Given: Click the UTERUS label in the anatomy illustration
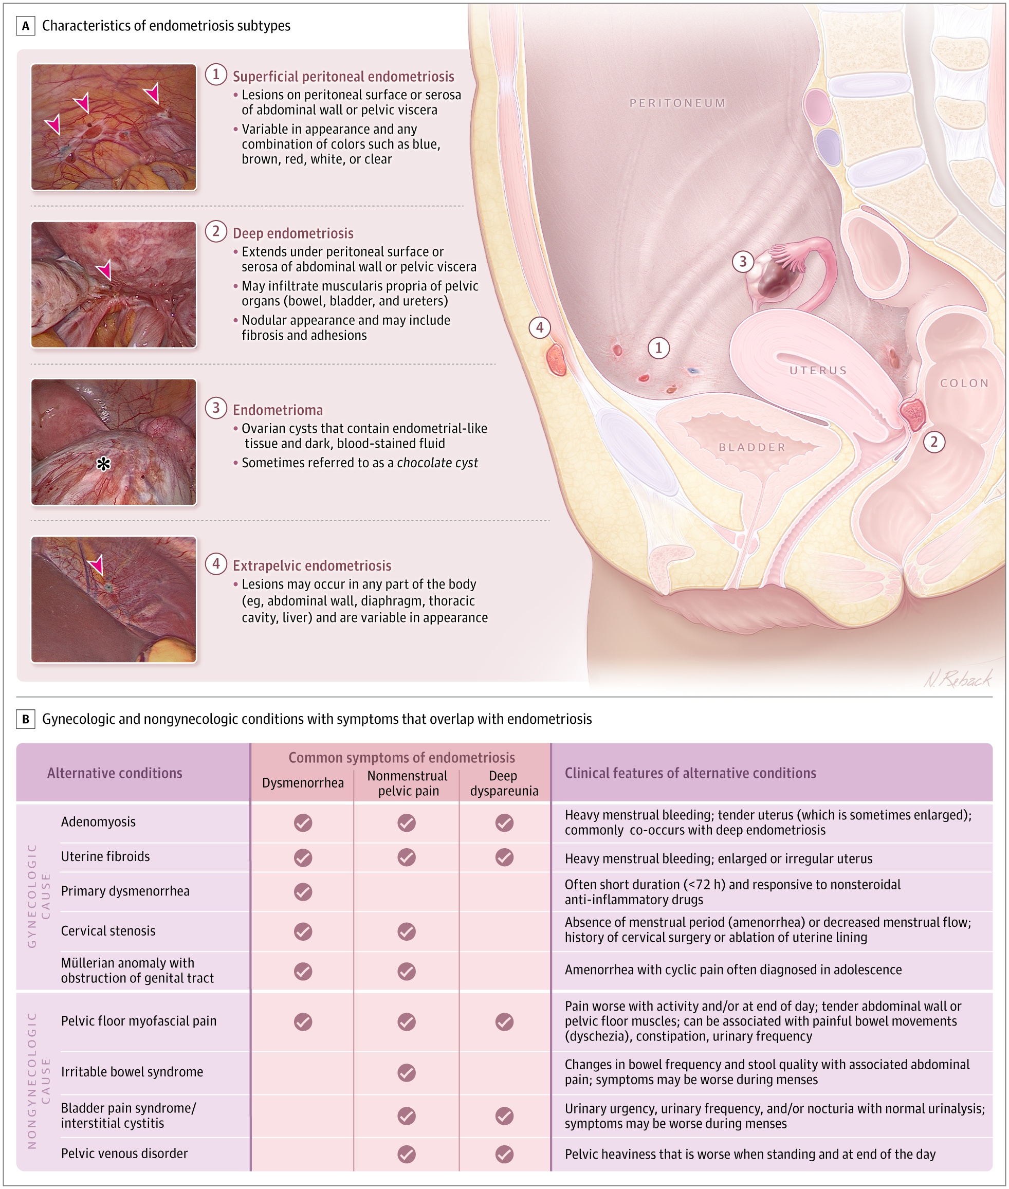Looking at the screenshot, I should pos(818,371).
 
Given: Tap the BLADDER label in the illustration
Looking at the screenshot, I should pos(752,447).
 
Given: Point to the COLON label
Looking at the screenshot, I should pos(964,383).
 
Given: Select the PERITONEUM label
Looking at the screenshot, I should pos(677,103).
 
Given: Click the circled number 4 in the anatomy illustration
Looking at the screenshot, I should pos(539,327).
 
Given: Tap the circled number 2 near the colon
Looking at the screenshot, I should pos(934,442).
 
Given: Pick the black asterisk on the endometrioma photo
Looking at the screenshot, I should pos(103,464).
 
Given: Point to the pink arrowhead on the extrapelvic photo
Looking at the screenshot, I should pos(96,564).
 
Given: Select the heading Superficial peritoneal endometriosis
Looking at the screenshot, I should pos(343,77).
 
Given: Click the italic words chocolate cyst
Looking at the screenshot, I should pos(437,463).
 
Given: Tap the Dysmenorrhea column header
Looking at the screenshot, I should pos(303,782).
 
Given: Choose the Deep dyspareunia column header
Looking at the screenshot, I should pos(504,783).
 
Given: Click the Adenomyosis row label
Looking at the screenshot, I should pos(98,822).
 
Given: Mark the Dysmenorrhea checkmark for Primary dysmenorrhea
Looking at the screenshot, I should pos(303,891).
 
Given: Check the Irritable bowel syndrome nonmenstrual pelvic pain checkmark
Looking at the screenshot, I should pos(407,1072).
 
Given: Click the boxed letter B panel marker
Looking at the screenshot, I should pos(26,719).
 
